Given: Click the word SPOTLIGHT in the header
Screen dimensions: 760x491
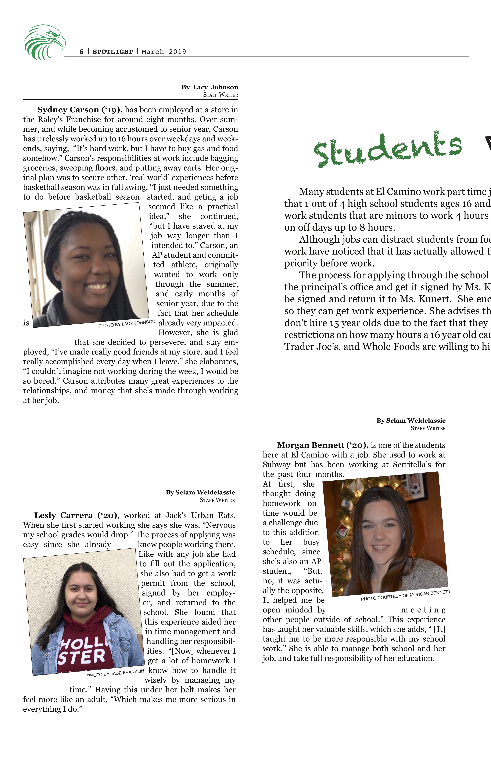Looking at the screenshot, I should pyautogui.click(x=112, y=52).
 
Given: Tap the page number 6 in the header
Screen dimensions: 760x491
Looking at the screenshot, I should pyautogui.click(x=82, y=52).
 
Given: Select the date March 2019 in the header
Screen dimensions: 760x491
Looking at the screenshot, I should pyautogui.click(x=164, y=52).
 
